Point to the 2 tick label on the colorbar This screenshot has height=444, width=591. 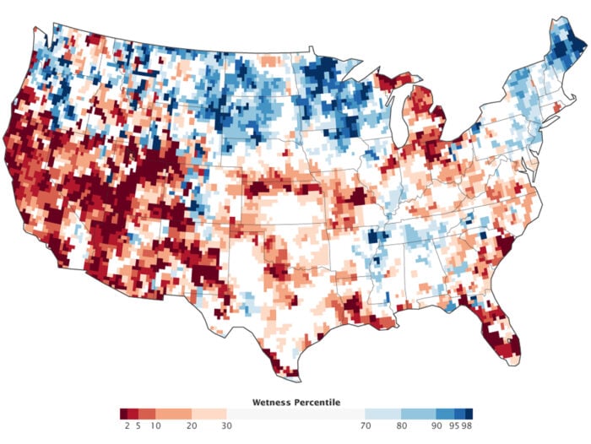[124, 426]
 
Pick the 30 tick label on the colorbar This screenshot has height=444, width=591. [227, 426]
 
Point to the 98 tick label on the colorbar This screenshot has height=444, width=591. [468, 426]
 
